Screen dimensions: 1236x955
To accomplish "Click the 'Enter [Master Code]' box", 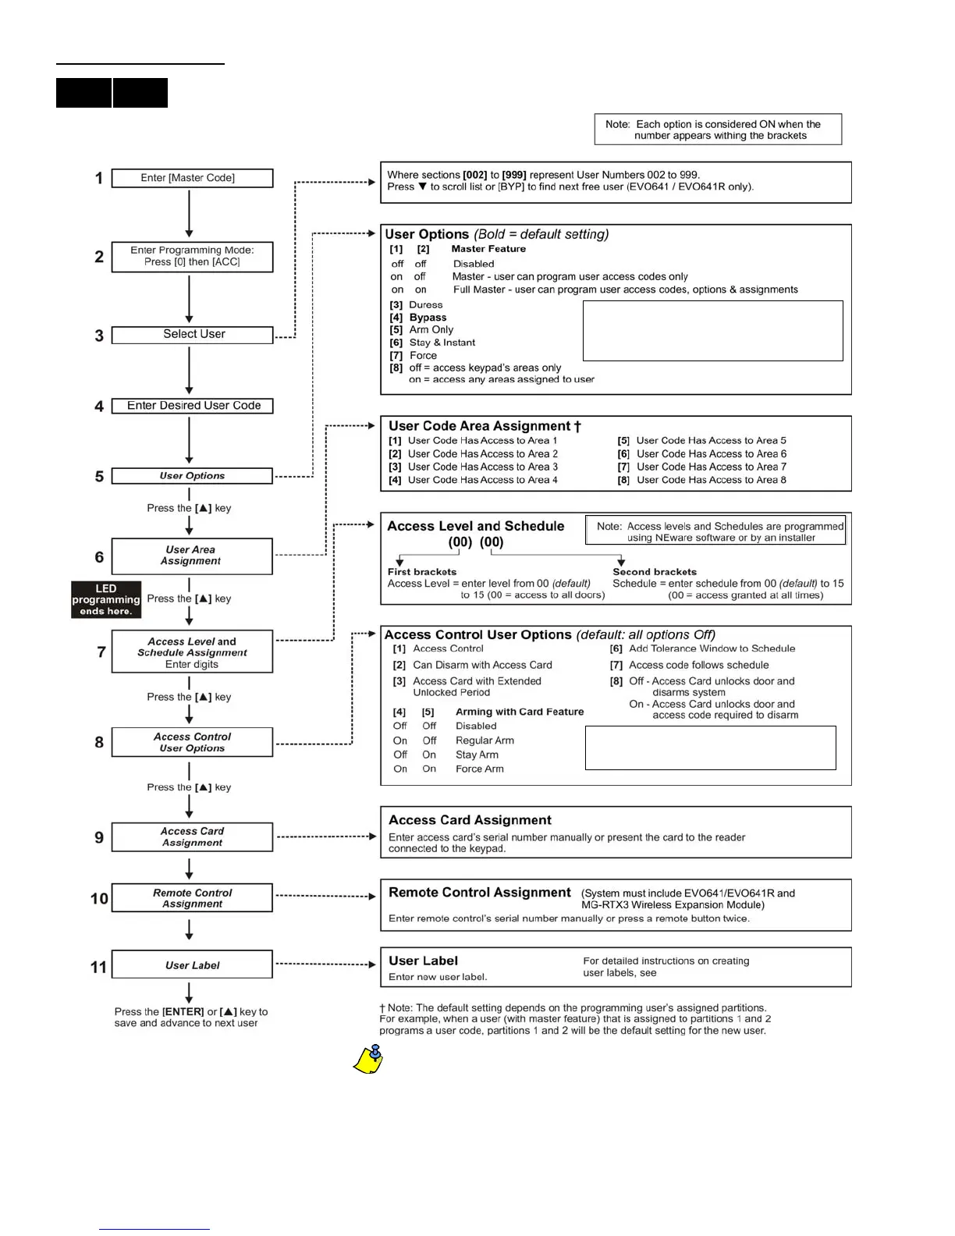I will pos(192,178).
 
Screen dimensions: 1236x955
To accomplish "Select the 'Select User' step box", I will pos(192,335).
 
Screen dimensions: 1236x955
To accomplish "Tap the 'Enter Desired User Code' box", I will pos(192,406).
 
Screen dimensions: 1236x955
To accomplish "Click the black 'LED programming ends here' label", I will pos(106,599).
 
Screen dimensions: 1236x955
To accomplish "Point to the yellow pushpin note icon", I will pos(369,1060).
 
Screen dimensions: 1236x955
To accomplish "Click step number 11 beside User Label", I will pos(98,967).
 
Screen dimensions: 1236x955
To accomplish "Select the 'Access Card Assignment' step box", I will pos(192,836).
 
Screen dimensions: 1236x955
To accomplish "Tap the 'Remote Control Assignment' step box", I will pos(192,898).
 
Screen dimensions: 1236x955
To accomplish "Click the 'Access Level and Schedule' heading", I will pos(475,526).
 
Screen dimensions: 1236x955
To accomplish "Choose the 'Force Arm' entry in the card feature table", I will pos(479,769).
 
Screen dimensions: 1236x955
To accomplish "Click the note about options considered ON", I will pos(718,130).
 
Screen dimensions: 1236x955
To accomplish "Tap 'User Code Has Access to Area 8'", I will pos(711,480).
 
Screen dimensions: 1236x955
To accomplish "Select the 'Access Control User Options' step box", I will pos(192,742).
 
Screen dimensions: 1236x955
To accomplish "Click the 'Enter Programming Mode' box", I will pos(192,256).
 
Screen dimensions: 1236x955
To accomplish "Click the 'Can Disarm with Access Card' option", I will pos(482,665).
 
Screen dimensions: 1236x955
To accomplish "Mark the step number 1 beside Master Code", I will pos(99,179).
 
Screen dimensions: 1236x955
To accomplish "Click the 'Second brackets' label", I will pos(655,572).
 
